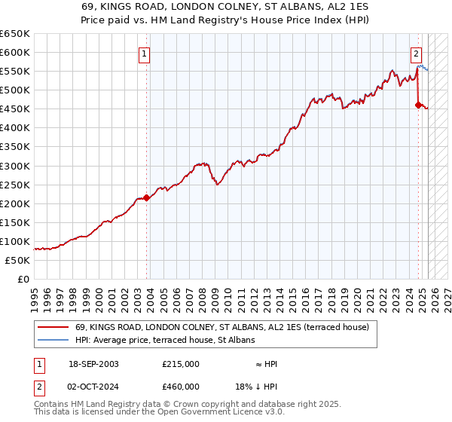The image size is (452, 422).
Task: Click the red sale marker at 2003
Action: (x=147, y=197)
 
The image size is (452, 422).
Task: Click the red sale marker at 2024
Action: (x=418, y=105)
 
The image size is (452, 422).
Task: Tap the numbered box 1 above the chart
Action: (x=143, y=54)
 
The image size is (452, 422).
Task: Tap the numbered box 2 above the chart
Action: (x=415, y=54)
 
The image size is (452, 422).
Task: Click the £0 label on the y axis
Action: (x=24, y=279)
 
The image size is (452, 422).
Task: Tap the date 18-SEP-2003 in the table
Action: (x=93, y=364)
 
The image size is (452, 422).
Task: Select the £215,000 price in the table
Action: (x=181, y=364)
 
